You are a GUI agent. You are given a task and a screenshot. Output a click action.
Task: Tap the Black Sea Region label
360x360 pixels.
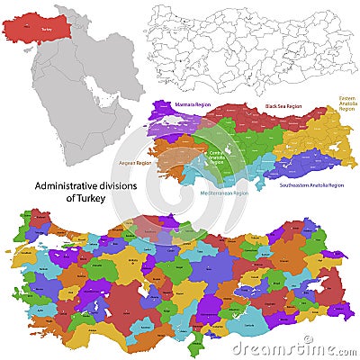tap(283, 106)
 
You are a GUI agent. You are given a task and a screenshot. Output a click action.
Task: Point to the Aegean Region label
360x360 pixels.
tap(135, 164)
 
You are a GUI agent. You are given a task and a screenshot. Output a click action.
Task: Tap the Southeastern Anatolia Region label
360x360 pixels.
tap(311, 184)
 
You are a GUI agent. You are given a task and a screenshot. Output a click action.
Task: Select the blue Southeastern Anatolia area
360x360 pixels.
tap(297, 166)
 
